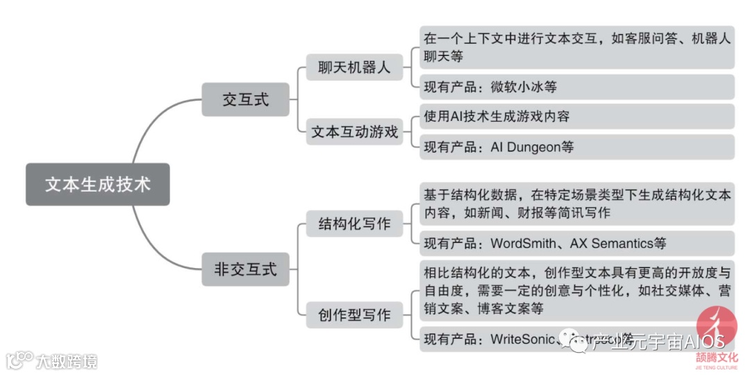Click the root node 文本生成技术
(97, 184)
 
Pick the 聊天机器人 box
(354, 68)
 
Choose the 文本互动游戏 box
(354, 132)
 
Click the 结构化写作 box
(354, 224)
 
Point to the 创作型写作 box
(354, 315)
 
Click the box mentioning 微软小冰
(576, 87)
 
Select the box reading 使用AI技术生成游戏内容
(576, 117)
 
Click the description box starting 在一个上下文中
(576, 47)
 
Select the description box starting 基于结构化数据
(576, 203)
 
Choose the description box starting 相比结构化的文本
(576, 290)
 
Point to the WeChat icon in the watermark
(576, 341)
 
